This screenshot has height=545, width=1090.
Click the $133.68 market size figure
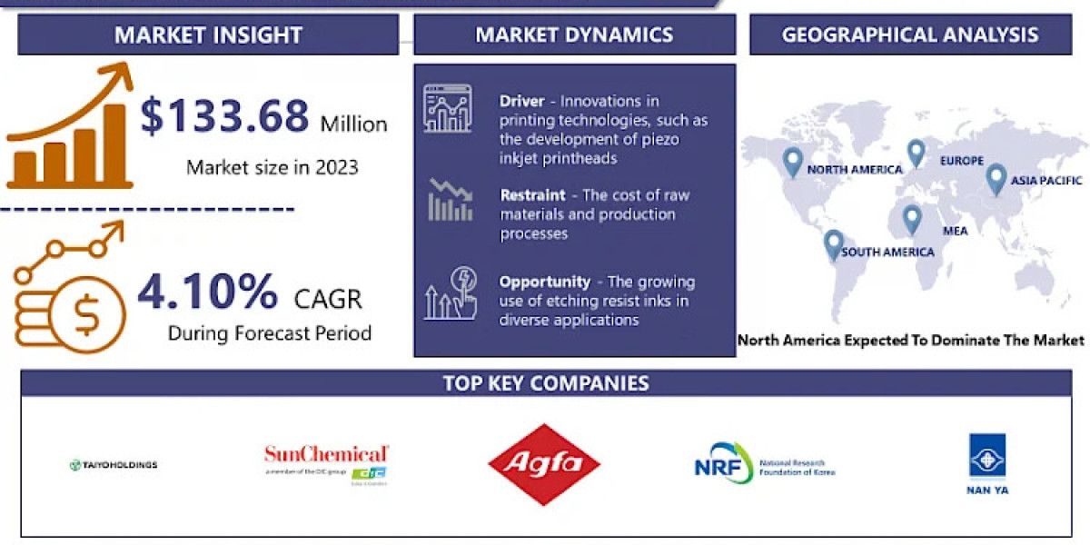click(x=224, y=118)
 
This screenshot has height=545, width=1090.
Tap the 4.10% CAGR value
click(x=208, y=292)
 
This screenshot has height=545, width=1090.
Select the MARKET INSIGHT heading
click(x=208, y=35)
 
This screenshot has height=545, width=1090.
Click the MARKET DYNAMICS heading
click(x=574, y=35)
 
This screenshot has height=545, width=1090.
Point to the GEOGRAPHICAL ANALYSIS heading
click(x=910, y=35)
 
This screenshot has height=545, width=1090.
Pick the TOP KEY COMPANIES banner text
click(x=546, y=382)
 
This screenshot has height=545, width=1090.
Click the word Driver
click(x=521, y=101)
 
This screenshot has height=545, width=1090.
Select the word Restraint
click(x=532, y=195)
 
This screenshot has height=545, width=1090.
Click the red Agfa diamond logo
click(x=544, y=464)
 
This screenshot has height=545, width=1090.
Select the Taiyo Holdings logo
click(x=114, y=465)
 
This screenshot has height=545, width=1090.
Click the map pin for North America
click(x=793, y=162)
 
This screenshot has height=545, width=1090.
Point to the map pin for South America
click(x=833, y=244)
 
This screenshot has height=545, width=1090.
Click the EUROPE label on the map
click(x=962, y=161)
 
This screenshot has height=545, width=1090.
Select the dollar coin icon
click(x=87, y=315)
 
